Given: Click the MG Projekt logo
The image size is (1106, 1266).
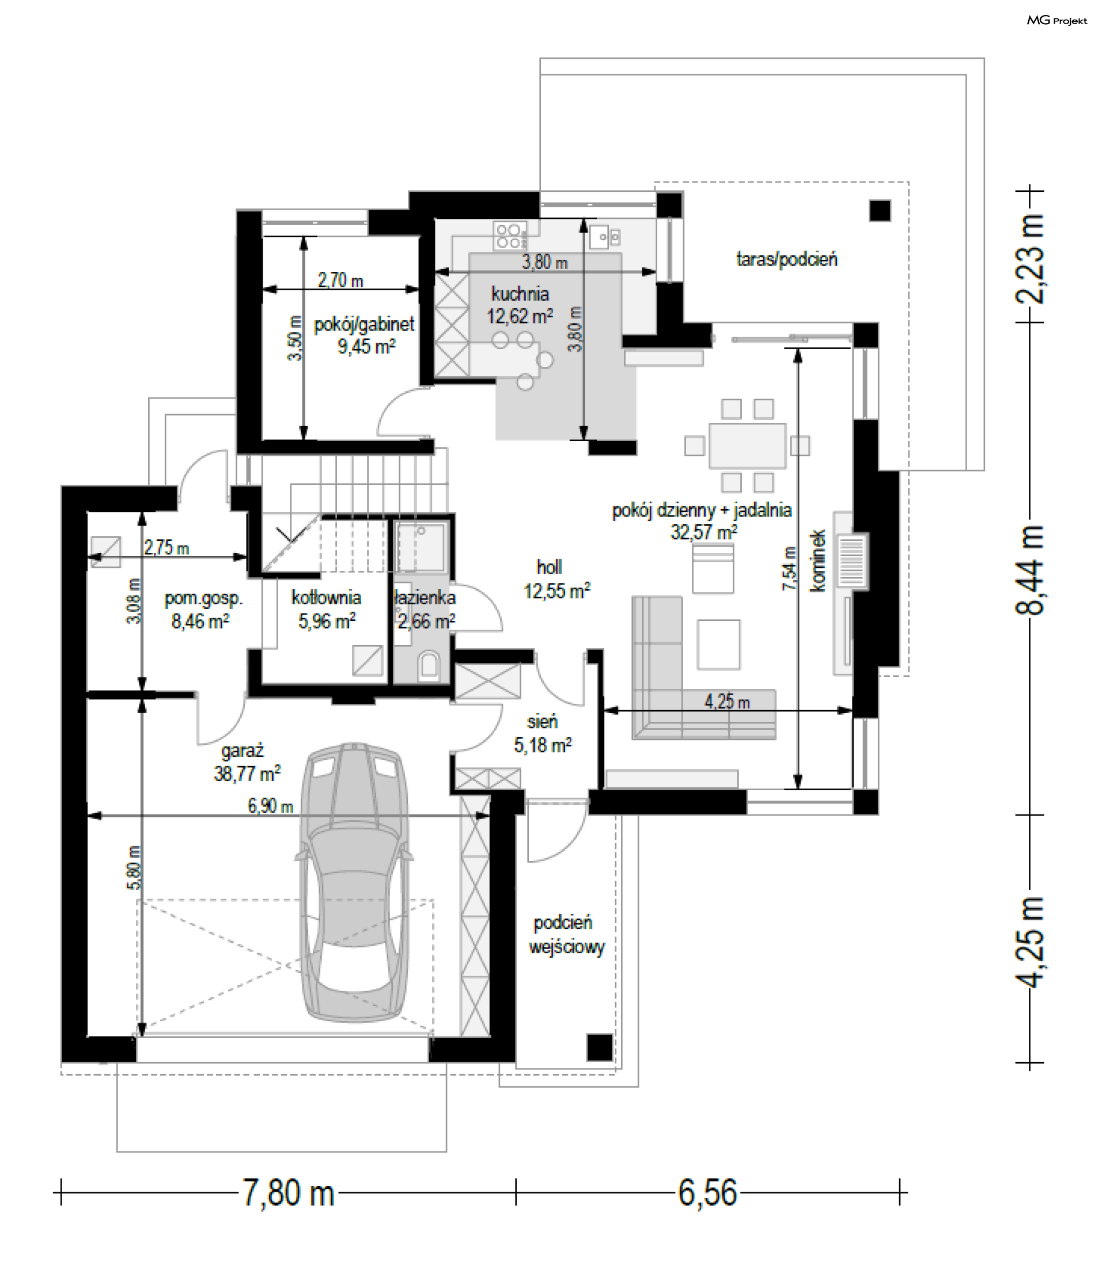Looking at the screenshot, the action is [1056, 20].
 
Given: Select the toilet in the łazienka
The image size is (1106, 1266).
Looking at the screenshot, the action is [429, 666].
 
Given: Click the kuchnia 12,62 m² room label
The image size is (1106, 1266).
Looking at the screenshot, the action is [520, 305].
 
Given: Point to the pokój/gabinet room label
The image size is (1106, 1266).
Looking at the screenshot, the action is [364, 335].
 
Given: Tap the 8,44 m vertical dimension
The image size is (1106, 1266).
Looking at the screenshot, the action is [1029, 569].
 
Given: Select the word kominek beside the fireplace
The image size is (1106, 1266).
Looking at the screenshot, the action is [817, 560].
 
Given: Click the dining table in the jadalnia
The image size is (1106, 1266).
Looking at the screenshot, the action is [748, 445].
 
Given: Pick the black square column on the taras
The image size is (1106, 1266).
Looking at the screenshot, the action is [880, 211].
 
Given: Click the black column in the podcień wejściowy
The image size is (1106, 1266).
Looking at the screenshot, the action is [599, 1047].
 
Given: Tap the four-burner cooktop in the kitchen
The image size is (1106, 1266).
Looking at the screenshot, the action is [510, 236].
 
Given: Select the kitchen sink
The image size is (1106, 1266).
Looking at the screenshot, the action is [605, 236].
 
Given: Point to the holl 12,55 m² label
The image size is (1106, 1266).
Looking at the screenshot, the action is [556, 579].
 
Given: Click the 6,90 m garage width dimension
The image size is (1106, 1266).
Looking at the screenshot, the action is [270, 806].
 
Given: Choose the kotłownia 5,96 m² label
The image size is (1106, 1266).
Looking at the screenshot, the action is [327, 609].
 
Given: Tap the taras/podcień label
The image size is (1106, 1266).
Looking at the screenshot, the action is [787, 259].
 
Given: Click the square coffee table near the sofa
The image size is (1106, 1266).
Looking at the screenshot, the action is [718, 645].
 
